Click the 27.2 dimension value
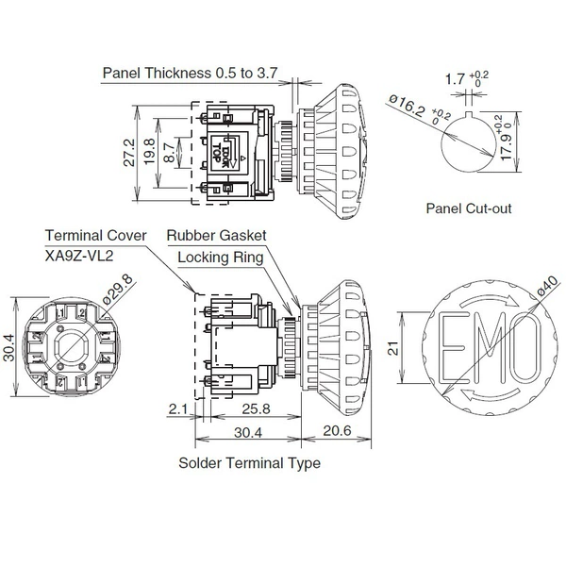(129, 153)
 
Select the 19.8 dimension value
(149, 151)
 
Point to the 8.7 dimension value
(169, 152)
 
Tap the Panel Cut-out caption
(469, 208)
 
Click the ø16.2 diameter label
(406, 105)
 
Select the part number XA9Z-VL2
(79, 256)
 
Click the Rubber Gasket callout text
(216, 235)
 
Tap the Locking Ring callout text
(220, 258)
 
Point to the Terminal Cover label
(95, 235)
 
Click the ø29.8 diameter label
(118, 290)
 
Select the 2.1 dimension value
(178, 409)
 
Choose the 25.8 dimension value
(256, 409)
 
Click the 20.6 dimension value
(337, 430)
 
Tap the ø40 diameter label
(547, 286)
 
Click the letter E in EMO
(451, 347)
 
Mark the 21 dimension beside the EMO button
(393, 348)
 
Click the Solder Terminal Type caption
(249, 463)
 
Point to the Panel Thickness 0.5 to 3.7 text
(190, 73)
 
